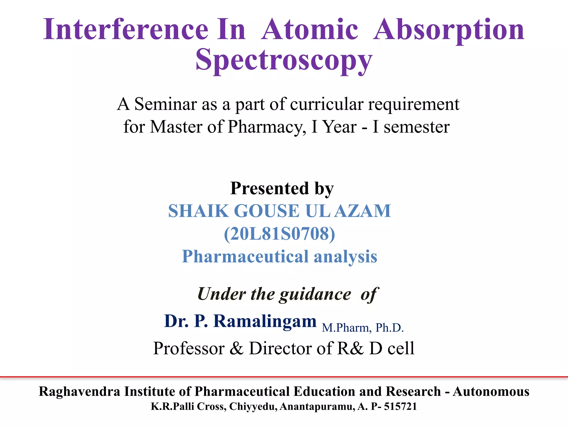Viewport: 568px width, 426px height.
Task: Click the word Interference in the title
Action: click(125, 29)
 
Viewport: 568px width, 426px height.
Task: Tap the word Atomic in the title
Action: click(310, 29)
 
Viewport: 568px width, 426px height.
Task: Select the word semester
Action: click(416, 127)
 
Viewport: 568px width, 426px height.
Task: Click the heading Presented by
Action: click(282, 189)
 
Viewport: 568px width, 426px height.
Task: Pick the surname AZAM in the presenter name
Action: click(362, 211)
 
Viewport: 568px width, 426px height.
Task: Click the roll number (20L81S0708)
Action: click(280, 234)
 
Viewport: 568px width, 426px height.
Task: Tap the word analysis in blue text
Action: click(345, 257)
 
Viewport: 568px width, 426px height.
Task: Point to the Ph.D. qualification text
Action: click(389, 328)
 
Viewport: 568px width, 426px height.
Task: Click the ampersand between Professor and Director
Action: click(236, 349)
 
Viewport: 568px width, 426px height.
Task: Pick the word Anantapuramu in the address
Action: click(317, 407)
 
